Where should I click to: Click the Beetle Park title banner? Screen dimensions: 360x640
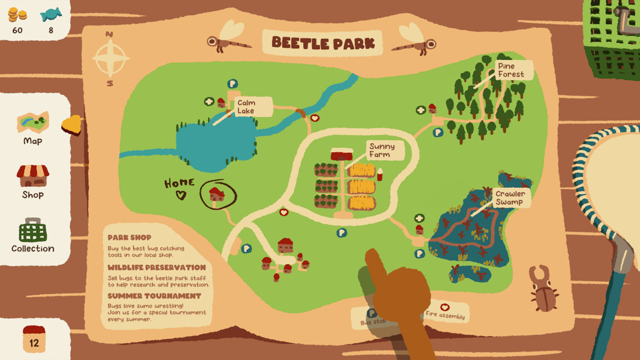[323, 43]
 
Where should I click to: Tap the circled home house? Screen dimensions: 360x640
[217, 194]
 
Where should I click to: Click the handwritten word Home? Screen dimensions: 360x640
[179, 183]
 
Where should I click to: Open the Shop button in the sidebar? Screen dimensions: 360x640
[33, 182]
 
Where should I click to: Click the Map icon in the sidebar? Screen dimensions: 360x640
[33, 128]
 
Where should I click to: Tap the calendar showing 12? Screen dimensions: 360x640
[34, 339]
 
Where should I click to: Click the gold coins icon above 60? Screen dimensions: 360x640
[17, 15]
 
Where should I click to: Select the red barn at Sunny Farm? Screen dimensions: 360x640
[342, 155]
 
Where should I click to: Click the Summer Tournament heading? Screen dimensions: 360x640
[154, 296]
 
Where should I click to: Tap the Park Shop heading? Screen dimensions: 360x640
[129, 238]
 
